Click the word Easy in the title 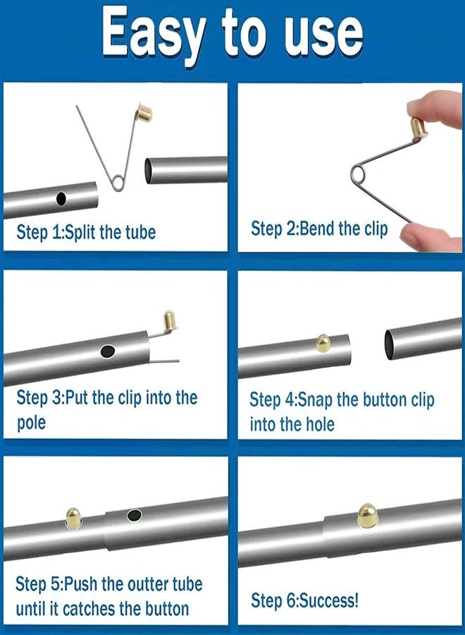point(152,33)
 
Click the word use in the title point(321,33)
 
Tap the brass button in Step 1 point(146,111)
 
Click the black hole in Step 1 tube point(61,199)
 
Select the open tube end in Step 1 point(151,171)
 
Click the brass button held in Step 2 point(418,127)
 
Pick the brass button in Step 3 point(170,320)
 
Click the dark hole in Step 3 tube point(108,350)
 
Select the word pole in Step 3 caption point(31,423)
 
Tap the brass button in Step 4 point(323,344)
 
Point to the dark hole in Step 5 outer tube point(134,515)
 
